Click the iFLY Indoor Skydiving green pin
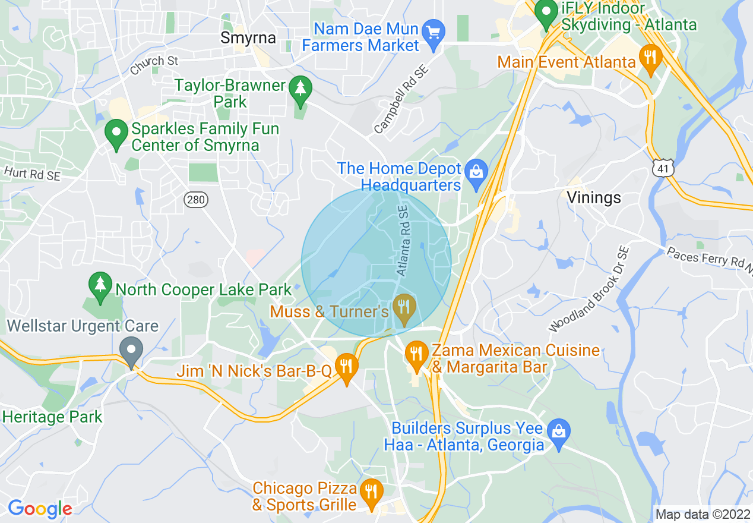click(546, 13)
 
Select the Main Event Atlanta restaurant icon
click(650, 58)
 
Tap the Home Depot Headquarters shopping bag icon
click(476, 173)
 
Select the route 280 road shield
click(196, 199)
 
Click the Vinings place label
click(593, 197)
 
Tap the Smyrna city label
click(248, 38)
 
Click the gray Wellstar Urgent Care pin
click(131, 351)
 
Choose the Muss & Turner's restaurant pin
click(404, 308)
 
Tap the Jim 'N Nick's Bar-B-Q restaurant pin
click(346, 367)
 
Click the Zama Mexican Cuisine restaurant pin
click(416, 355)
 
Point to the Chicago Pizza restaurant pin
click(371, 493)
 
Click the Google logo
click(40, 509)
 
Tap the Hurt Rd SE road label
click(31, 173)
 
